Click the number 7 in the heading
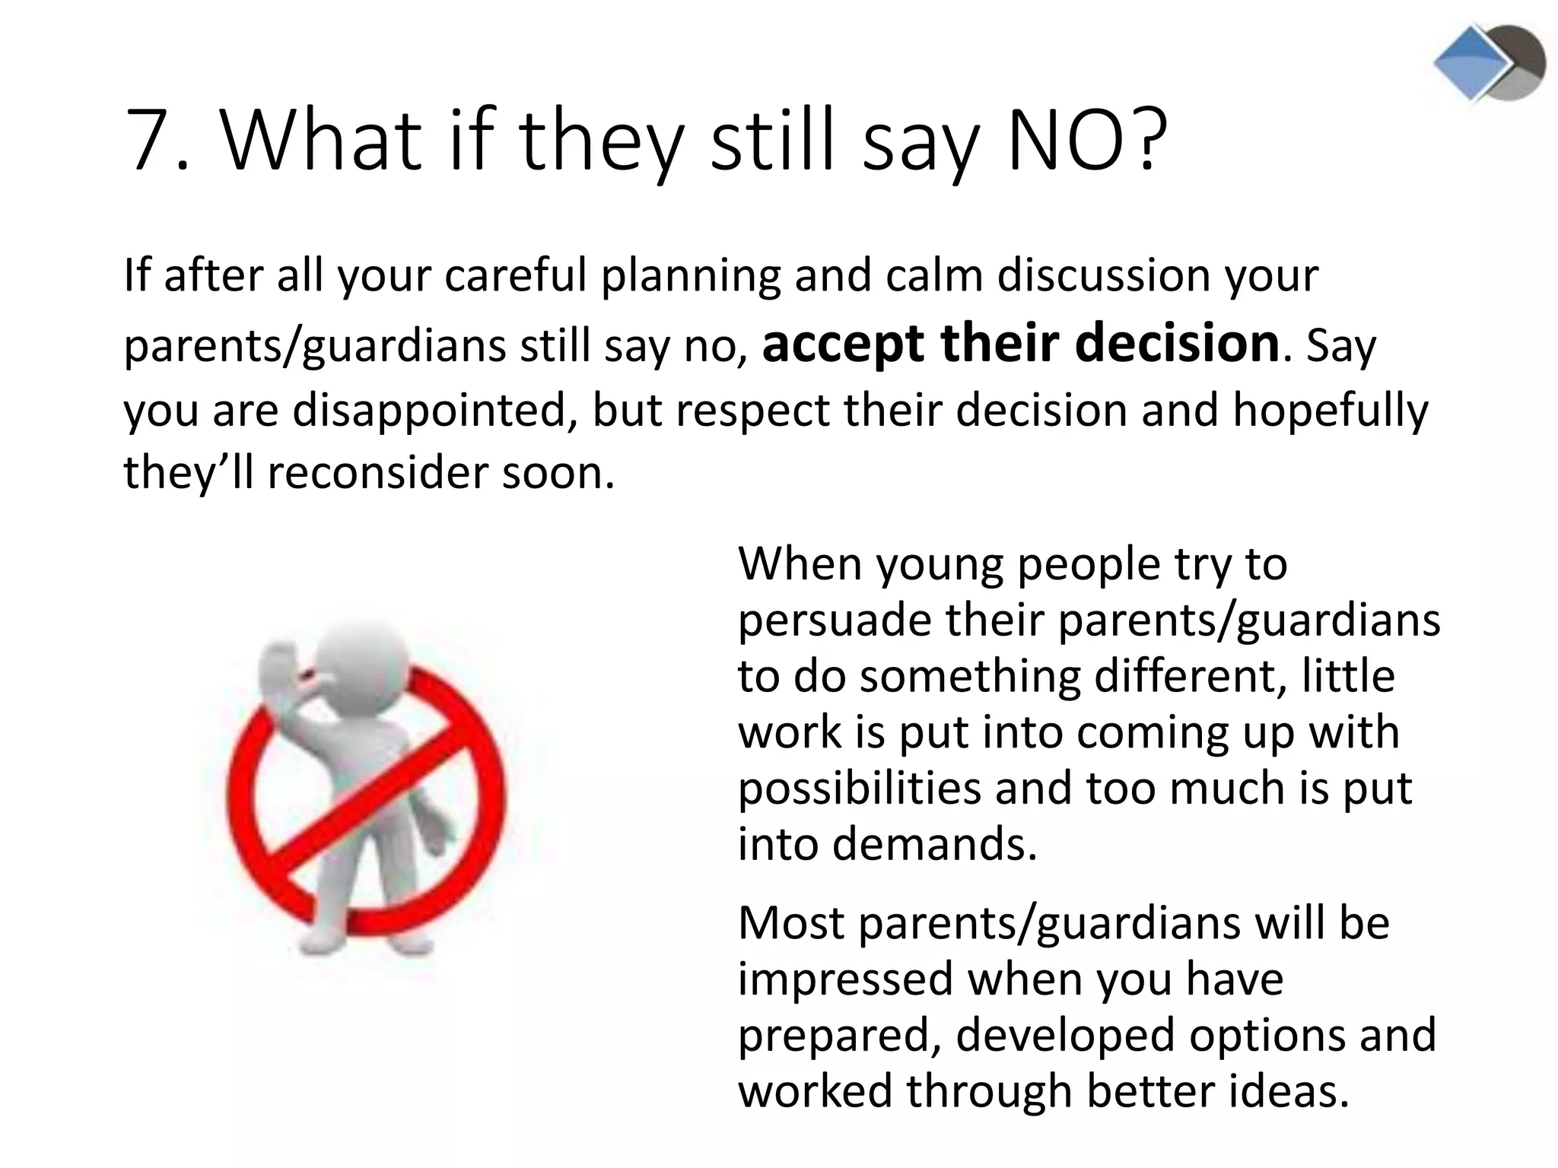(x=150, y=141)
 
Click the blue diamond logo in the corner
(x=1470, y=62)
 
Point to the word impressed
(x=845, y=979)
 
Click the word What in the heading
(x=320, y=141)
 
